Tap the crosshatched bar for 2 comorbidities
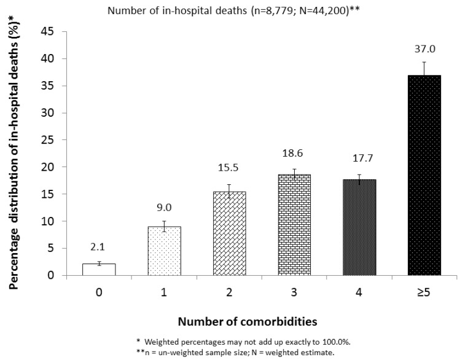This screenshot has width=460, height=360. point(229,233)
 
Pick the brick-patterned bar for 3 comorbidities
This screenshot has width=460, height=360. point(294,225)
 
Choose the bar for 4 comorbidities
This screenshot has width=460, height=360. point(359,227)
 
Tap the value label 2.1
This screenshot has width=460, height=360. point(99,248)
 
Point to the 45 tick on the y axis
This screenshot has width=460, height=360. point(53,32)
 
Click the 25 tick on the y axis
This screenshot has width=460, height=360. point(53,140)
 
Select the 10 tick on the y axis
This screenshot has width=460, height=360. point(53,221)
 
